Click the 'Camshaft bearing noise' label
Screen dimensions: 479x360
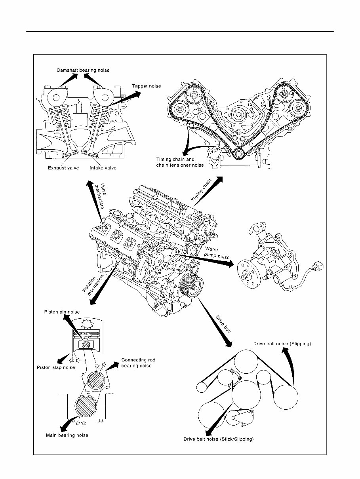82,70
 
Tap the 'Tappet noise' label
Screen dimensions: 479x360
146,86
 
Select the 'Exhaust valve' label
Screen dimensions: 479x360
63,168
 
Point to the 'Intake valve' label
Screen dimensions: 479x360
103,168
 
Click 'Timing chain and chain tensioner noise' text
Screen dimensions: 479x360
180,162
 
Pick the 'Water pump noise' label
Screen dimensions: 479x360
217,253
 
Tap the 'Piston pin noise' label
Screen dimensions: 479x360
63,312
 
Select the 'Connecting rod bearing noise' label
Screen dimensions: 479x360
138,363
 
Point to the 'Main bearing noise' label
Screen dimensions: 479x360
67,435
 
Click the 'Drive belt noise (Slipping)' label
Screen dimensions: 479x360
282,344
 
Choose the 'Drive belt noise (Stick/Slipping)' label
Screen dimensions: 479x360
218,439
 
